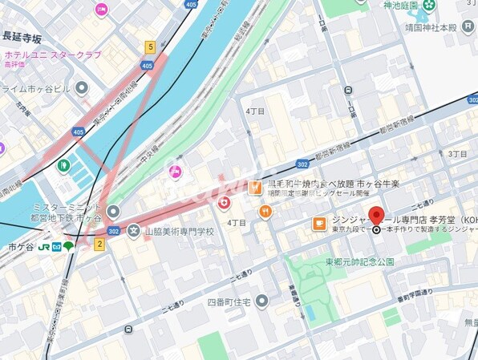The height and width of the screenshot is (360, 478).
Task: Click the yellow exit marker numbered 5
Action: coord(150,47)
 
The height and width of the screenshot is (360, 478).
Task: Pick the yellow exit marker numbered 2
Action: coord(99,243)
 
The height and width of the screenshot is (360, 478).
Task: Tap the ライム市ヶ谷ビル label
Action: coord(38,88)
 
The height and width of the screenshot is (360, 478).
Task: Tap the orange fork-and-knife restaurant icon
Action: coord(265,212)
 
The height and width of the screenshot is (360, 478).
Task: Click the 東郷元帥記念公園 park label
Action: coord(359,262)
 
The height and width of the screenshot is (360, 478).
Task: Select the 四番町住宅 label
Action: coord(230,301)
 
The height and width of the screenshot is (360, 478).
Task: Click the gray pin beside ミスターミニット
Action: coord(113,211)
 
